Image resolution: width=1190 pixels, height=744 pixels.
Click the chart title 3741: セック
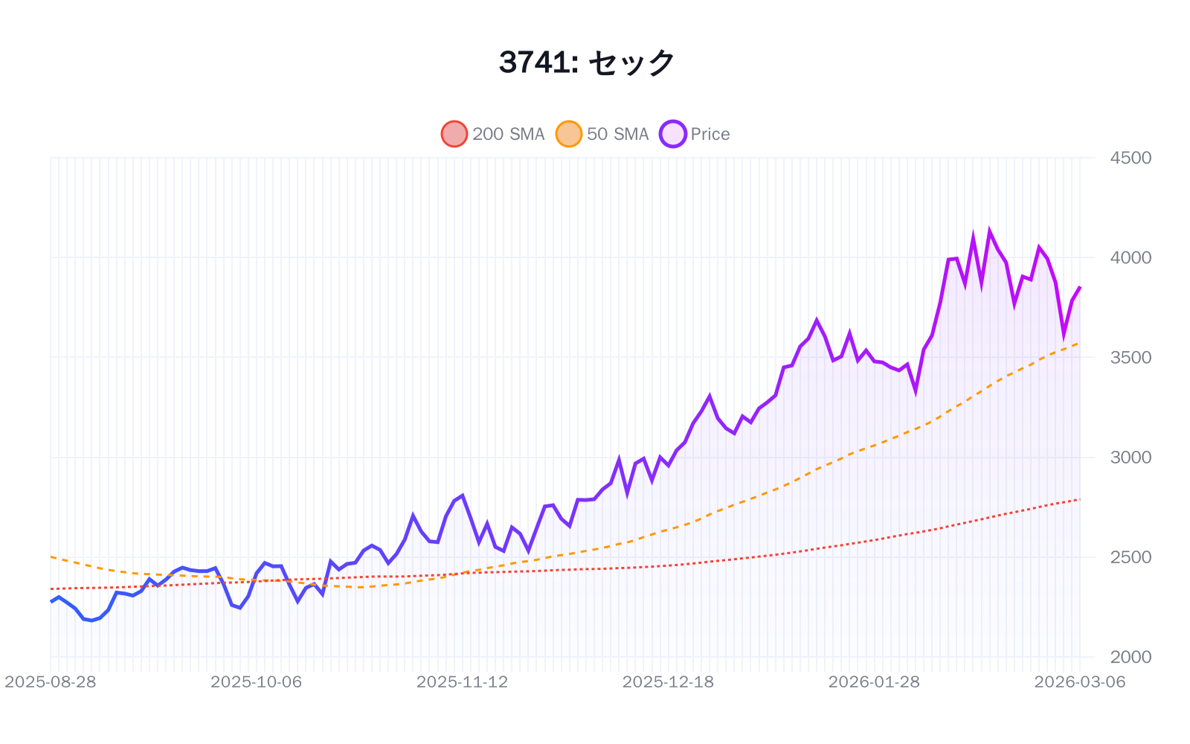(x=586, y=62)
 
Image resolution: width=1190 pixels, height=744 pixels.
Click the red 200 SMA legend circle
(x=454, y=134)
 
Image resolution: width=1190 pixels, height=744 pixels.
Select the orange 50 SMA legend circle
(x=569, y=134)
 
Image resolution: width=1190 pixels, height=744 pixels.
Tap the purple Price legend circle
(x=673, y=134)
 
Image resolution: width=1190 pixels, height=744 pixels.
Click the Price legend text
(x=710, y=134)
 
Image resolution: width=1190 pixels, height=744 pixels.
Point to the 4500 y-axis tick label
(x=1130, y=158)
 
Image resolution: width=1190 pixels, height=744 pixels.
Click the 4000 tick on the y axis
(x=1130, y=257)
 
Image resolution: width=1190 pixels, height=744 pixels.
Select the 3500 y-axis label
(x=1130, y=357)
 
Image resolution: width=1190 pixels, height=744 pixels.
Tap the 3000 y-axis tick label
(x=1130, y=457)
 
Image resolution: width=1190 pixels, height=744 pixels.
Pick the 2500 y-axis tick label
(x=1130, y=557)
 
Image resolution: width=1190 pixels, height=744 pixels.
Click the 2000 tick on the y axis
(x=1130, y=657)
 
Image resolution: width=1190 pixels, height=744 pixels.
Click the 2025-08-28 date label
(x=51, y=682)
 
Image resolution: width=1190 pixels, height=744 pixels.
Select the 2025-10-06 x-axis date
(x=256, y=682)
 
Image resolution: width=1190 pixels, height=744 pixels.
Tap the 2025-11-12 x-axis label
(x=462, y=682)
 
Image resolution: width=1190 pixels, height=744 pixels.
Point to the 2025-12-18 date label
(x=668, y=682)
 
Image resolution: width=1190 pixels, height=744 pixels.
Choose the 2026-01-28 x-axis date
(x=874, y=682)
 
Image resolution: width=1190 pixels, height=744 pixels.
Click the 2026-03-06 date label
(x=1079, y=682)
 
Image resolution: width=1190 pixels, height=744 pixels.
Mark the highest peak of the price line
(x=989, y=231)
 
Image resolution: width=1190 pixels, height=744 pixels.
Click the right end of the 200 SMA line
(x=1079, y=499)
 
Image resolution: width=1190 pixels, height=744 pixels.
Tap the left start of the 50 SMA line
(x=51, y=557)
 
